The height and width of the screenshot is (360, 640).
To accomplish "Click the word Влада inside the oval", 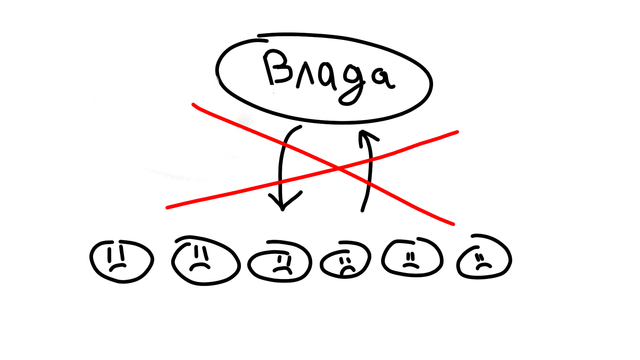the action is (x=329, y=76).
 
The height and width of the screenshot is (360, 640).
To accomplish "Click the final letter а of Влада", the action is (x=382, y=78).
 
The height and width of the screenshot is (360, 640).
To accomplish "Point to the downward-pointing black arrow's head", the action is (x=284, y=201).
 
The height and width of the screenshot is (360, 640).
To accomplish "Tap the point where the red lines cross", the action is (x=339, y=168).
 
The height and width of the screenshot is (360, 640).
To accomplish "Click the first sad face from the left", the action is (x=122, y=261).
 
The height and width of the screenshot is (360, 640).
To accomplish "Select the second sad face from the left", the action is (x=205, y=261).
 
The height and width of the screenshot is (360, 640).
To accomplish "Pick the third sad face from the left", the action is (x=280, y=262).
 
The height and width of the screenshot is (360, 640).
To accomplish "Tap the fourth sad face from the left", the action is (x=345, y=261).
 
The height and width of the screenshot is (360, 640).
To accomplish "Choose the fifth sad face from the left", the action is (x=412, y=257).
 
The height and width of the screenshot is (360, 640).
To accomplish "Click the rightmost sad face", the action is (x=484, y=257).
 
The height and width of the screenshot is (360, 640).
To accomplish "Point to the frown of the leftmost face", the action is (x=117, y=267).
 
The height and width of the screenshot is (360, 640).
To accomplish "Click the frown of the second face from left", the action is (x=200, y=266).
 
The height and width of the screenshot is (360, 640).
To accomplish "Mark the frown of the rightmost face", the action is (x=484, y=266).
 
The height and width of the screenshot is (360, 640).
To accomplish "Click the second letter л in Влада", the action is (x=305, y=78).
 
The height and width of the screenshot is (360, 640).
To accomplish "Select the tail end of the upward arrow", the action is (x=362, y=211).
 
